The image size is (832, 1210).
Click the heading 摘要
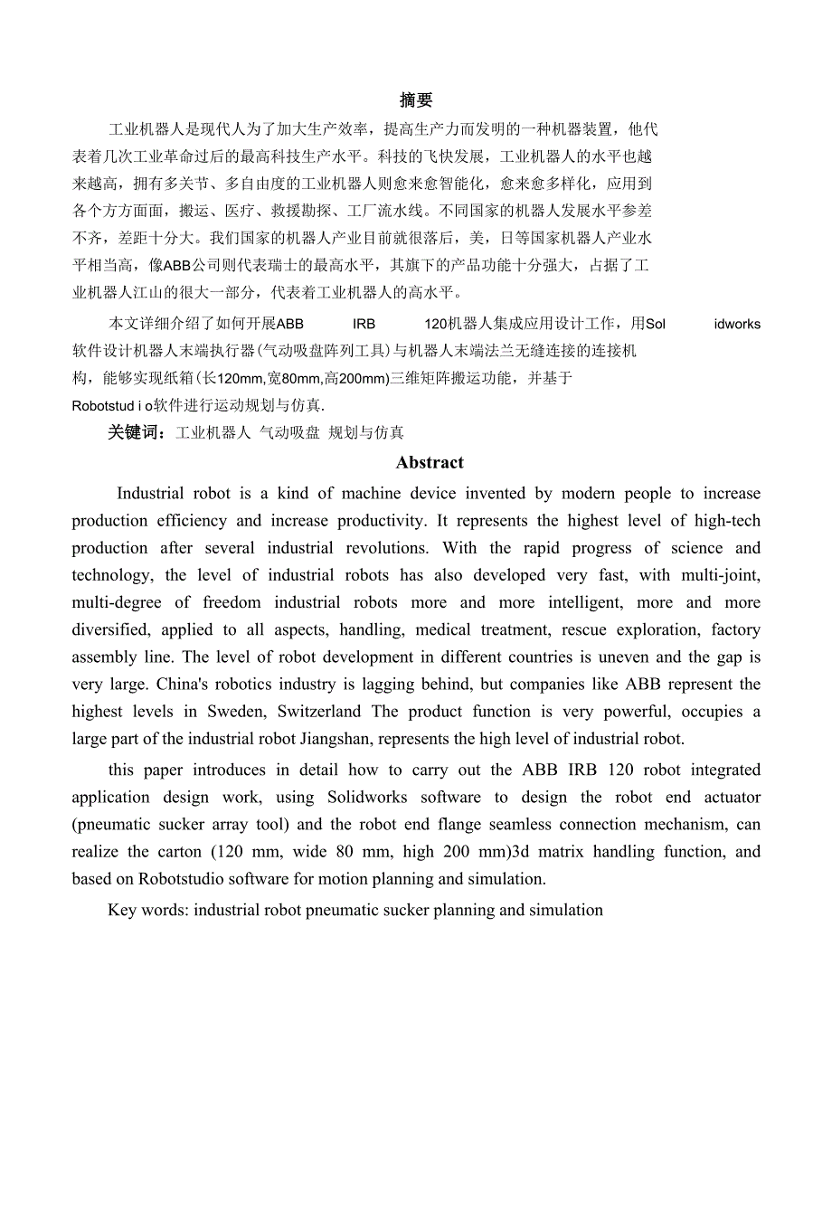(416, 100)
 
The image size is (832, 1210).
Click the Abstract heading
(430, 463)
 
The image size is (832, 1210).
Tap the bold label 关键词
(135, 433)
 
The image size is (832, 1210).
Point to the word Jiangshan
(335, 739)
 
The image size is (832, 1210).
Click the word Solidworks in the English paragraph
(367, 798)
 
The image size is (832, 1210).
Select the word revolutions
(383, 548)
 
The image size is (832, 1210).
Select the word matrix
(562, 852)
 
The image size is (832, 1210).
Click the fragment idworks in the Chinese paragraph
(737, 325)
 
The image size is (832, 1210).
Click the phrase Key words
(147, 911)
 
